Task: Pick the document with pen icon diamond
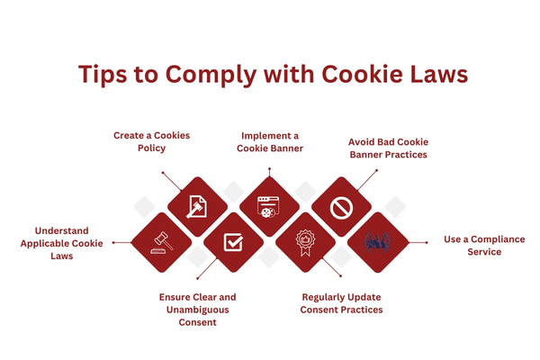coord(197,206)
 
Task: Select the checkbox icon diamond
coord(233,242)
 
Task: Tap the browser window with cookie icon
coord(268,207)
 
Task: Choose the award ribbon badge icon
coord(304,242)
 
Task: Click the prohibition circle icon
coord(340,207)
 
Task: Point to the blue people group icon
coord(376,242)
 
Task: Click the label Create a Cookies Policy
coord(152,141)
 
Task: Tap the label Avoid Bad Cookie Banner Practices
coord(388,148)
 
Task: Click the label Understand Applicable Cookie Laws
coord(62,243)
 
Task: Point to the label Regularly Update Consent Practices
coord(343,302)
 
